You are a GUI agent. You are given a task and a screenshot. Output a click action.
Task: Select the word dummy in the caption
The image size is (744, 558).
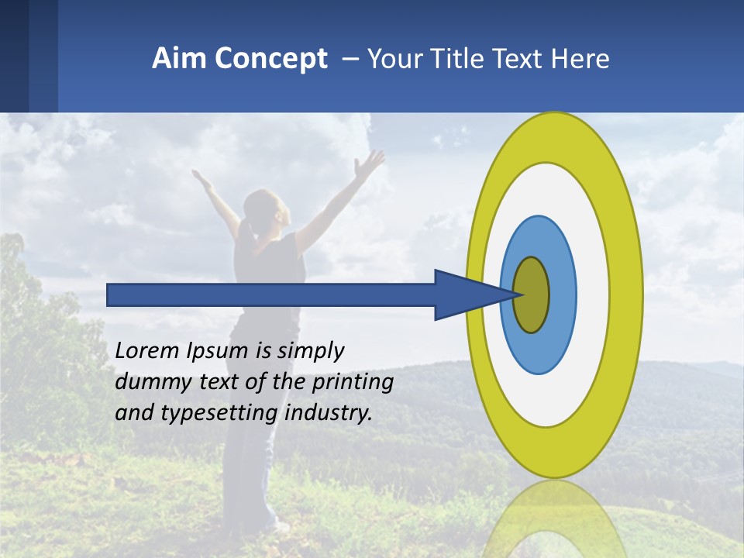click(146, 383)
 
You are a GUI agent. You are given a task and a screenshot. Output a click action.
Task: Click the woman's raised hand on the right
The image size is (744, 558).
click(370, 163)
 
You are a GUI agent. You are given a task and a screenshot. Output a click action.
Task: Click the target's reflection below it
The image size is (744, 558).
click(554, 519)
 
